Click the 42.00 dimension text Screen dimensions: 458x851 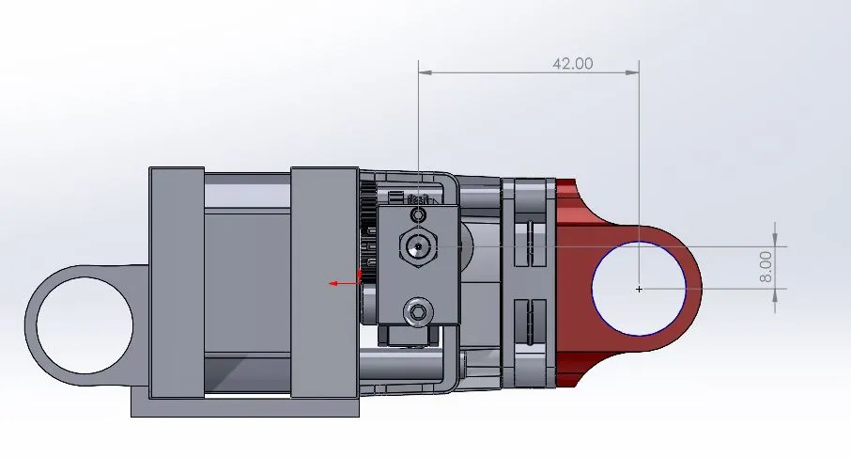point(572,64)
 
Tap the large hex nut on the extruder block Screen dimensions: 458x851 point(418,246)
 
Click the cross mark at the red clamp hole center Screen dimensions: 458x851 point(639,289)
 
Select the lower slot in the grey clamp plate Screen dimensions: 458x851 point(527,321)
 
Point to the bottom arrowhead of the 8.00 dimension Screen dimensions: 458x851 point(775,295)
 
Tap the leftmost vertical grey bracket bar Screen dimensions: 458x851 point(176,282)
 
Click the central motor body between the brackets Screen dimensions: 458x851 point(246,282)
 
